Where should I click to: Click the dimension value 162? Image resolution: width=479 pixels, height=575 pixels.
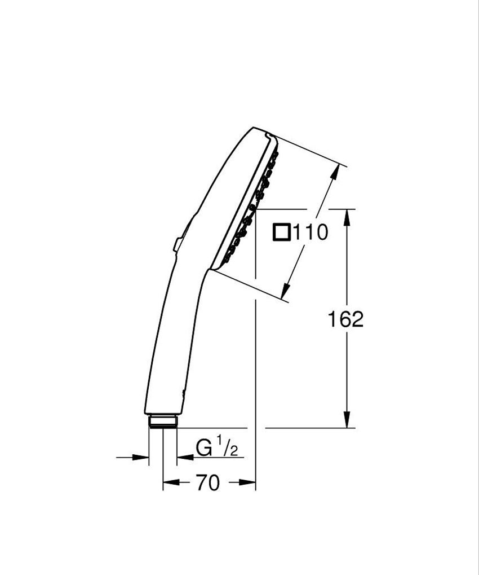345,319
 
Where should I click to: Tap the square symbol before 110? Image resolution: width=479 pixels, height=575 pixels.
282,232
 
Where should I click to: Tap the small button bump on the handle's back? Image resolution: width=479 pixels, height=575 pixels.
178,243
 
